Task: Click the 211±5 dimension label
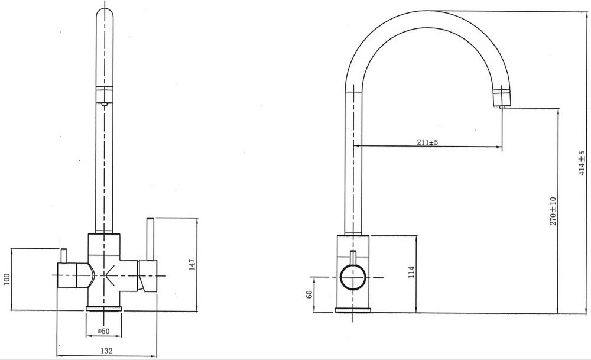click(x=427, y=142)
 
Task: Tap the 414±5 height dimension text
click(x=582, y=164)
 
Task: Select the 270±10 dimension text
click(x=553, y=211)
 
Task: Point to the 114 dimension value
click(x=411, y=272)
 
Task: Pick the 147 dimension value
click(x=192, y=265)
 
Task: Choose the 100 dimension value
click(x=7, y=280)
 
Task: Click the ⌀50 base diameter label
click(x=103, y=332)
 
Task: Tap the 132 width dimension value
click(x=106, y=351)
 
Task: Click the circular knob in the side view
click(x=353, y=277)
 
